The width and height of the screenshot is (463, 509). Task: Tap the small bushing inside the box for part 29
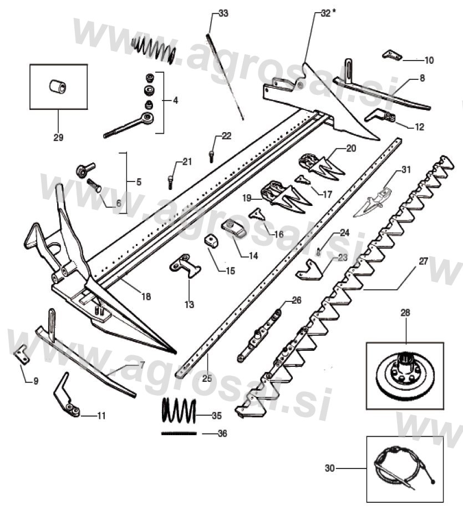pos(58,87)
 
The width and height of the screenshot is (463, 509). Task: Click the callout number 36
pos(221,434)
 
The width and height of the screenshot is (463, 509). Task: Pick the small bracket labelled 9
pos(22,354)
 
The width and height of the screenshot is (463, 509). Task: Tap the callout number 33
pos(223,13)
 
